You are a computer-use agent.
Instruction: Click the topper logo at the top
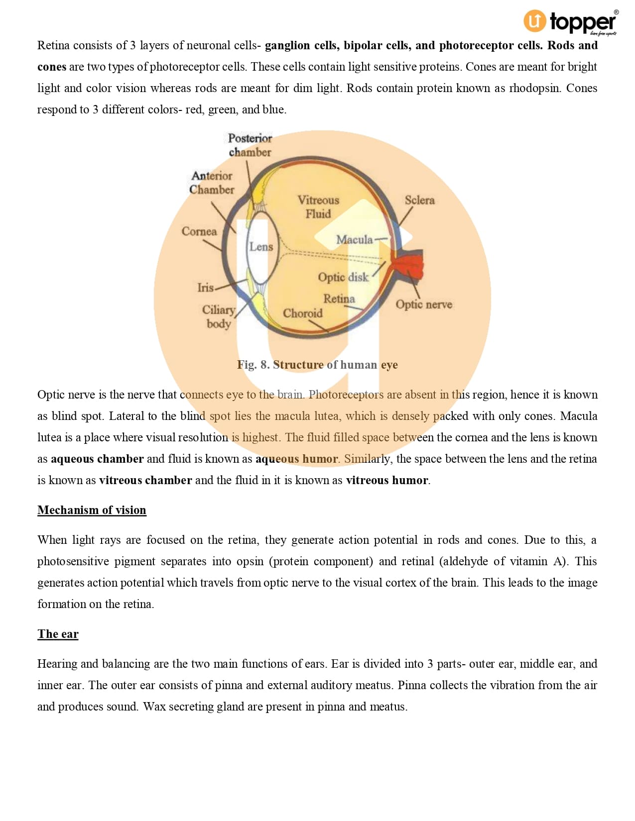571,22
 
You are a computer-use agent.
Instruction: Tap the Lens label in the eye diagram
261,247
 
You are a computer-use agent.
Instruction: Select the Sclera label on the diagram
419,200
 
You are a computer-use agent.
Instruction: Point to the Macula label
354,240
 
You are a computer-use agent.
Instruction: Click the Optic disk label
343,277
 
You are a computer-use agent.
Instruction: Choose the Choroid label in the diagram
302,313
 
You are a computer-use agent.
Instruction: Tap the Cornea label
199,231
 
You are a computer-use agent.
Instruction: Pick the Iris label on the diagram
205,288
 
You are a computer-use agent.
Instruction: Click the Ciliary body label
219,316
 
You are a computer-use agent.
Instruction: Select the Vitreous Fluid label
318,207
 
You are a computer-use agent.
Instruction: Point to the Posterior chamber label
250,145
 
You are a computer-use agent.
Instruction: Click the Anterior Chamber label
212,183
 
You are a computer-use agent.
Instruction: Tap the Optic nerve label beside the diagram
424,305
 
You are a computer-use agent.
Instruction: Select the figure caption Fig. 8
317,365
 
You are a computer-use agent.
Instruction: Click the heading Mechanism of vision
92,510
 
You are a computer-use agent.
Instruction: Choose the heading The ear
58,634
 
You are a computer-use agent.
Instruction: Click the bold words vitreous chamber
145,480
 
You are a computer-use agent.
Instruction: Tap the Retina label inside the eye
339,299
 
